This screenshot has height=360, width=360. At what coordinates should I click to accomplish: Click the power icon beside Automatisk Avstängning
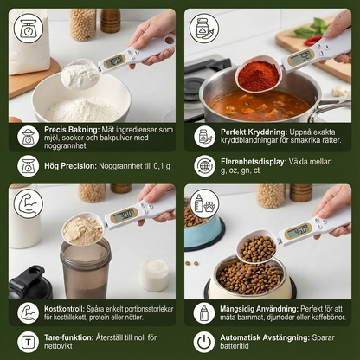[x=204, y=342]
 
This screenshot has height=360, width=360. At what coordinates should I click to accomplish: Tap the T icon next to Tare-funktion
[x=28, y=342]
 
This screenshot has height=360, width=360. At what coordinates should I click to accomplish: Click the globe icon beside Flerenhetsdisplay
[x=204, y=166]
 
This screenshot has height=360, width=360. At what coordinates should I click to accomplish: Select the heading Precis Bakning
[x=71, y=130]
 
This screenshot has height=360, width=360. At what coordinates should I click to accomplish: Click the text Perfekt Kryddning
[x=254, y=132]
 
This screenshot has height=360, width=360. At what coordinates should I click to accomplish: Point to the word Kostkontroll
[x=64, y=309]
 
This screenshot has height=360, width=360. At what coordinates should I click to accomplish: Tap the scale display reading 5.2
[x=301, y=58]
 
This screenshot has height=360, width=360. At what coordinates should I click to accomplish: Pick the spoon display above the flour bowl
[x=114, y=61]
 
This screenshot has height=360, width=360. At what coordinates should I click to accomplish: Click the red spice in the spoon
[x=259, y=75]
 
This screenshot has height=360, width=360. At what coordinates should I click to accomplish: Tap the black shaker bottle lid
[x=29, y=284]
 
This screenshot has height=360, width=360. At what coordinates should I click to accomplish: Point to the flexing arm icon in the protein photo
[x=29, y=203]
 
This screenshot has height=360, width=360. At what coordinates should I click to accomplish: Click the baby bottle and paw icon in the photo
[x=204, y=203]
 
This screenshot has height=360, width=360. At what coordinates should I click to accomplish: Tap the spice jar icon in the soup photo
[x=204, y=29]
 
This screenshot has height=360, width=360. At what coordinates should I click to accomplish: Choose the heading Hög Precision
[x=70, y=166]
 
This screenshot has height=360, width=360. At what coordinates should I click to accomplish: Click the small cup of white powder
[x=154, y=274]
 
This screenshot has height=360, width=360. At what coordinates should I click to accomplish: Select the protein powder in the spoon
[x=83, y=231]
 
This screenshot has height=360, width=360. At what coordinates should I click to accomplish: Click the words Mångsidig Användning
[x=259, y=309]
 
